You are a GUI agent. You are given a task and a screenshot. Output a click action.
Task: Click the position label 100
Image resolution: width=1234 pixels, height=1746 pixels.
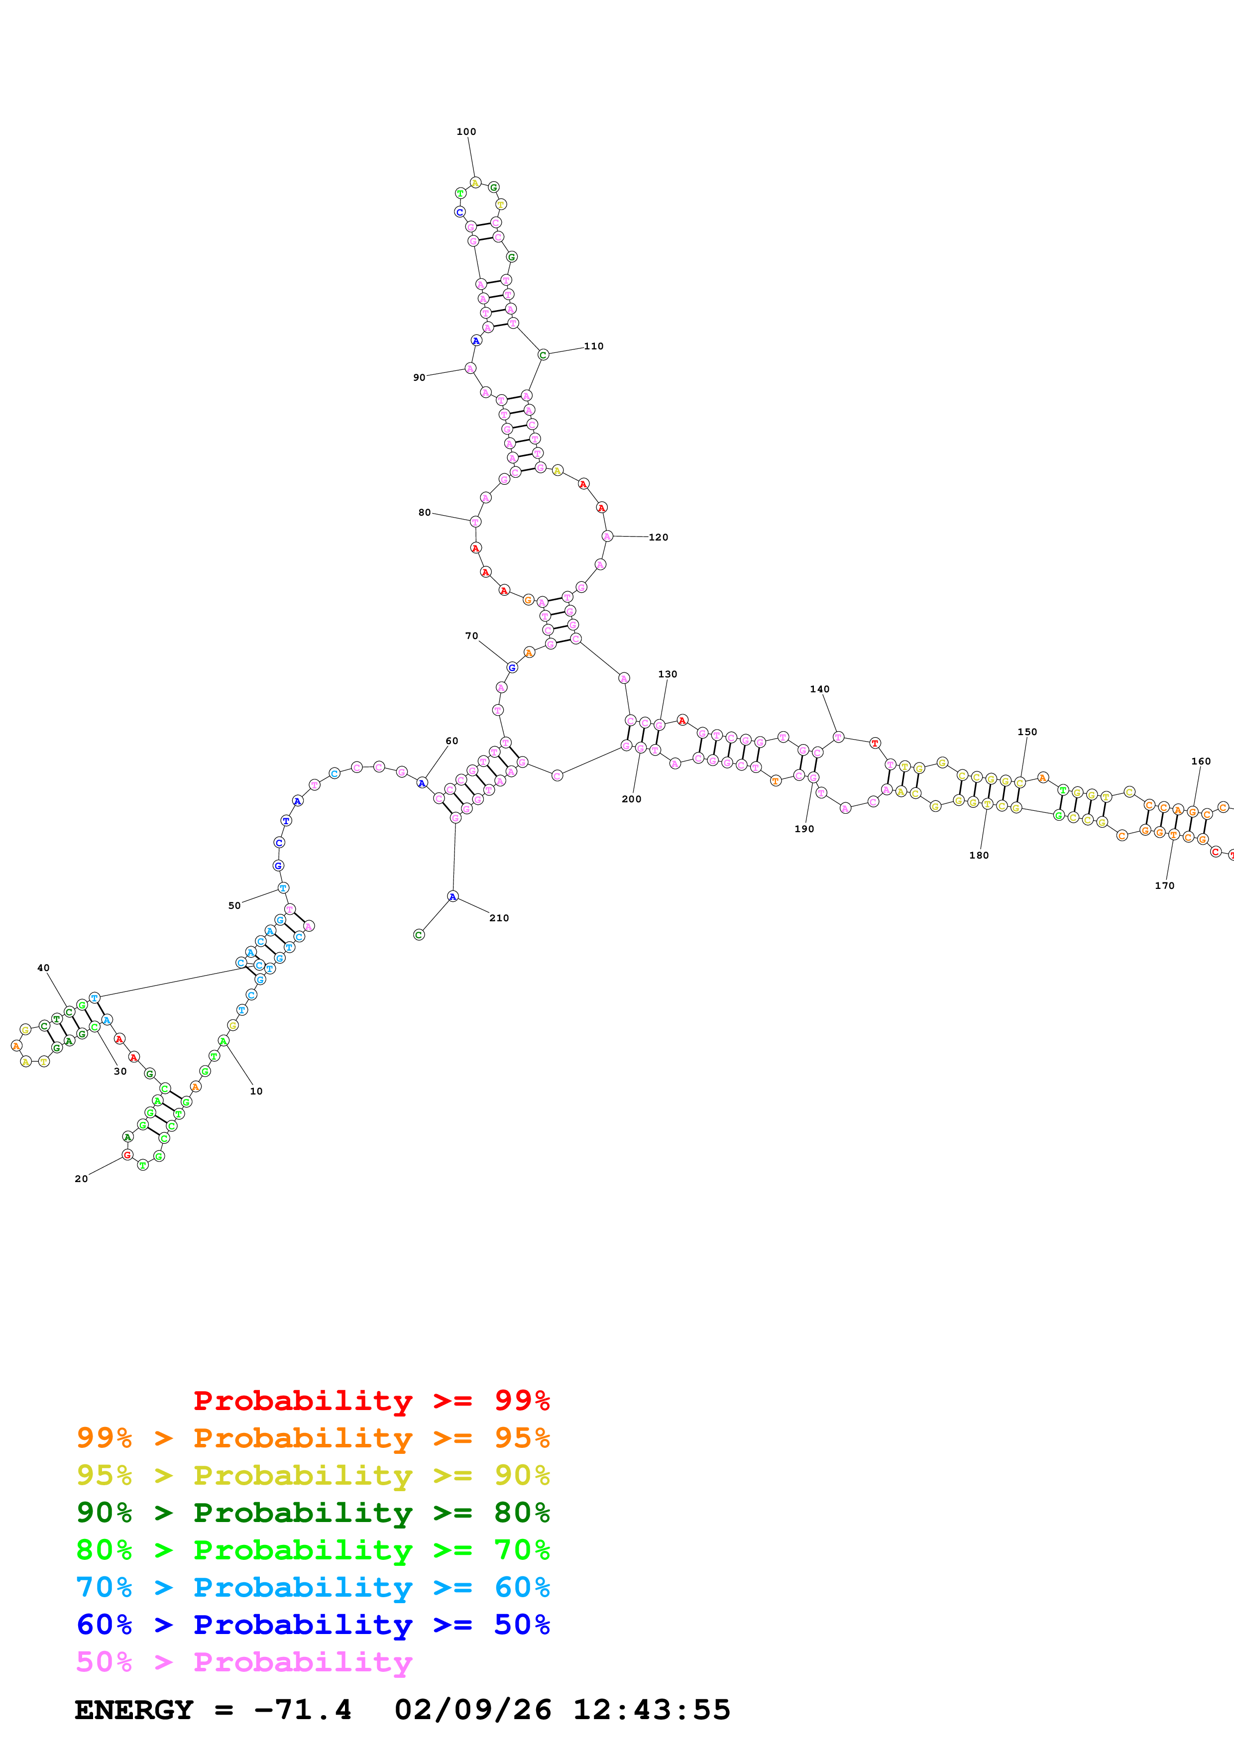[x=466, y=131]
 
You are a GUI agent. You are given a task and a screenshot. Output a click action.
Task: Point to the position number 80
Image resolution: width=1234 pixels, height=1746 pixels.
[x=424, y=513]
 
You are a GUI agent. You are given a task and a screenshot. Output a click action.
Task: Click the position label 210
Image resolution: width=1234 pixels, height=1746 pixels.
[x=499, y=918]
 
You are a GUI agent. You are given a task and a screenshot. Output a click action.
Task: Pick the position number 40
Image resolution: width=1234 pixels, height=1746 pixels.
[x=43, y=968]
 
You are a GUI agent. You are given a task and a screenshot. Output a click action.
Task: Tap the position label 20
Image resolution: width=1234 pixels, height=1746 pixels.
[x=81, y=1179]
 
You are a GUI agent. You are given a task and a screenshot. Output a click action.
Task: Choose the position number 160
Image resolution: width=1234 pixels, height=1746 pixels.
[x=1201, y=761]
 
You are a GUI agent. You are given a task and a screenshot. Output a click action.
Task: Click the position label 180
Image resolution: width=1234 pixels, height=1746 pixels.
[x=979, y=856]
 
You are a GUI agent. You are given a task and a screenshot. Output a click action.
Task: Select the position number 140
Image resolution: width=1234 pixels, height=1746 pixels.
[x=820, y=689]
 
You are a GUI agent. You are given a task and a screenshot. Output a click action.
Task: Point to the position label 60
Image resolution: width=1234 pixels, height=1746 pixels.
[x=451, y=741]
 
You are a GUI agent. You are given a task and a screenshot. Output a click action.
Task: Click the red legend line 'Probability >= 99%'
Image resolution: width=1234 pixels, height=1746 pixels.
[x=371, y=1400]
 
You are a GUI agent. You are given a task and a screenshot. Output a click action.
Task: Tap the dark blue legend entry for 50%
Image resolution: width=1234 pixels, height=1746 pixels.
[x=313, y=1625]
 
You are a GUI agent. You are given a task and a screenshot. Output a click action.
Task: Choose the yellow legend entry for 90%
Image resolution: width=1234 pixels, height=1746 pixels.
[x=313, y=1475]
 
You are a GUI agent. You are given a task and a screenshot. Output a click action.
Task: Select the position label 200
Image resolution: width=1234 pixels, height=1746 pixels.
[x=631, y=799]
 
